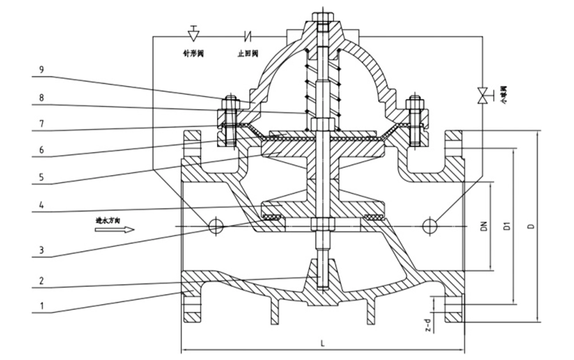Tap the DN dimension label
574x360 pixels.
point(484,226)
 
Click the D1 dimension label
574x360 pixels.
point(507,226)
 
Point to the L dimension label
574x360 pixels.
point(323,343)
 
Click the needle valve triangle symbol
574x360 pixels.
point(193,34)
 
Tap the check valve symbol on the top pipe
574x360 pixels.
point(249,36)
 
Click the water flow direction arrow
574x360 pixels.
point(114,230)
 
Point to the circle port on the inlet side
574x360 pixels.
point(215,226)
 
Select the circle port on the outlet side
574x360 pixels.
point(429,226)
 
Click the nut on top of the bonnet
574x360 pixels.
point(322,17)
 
